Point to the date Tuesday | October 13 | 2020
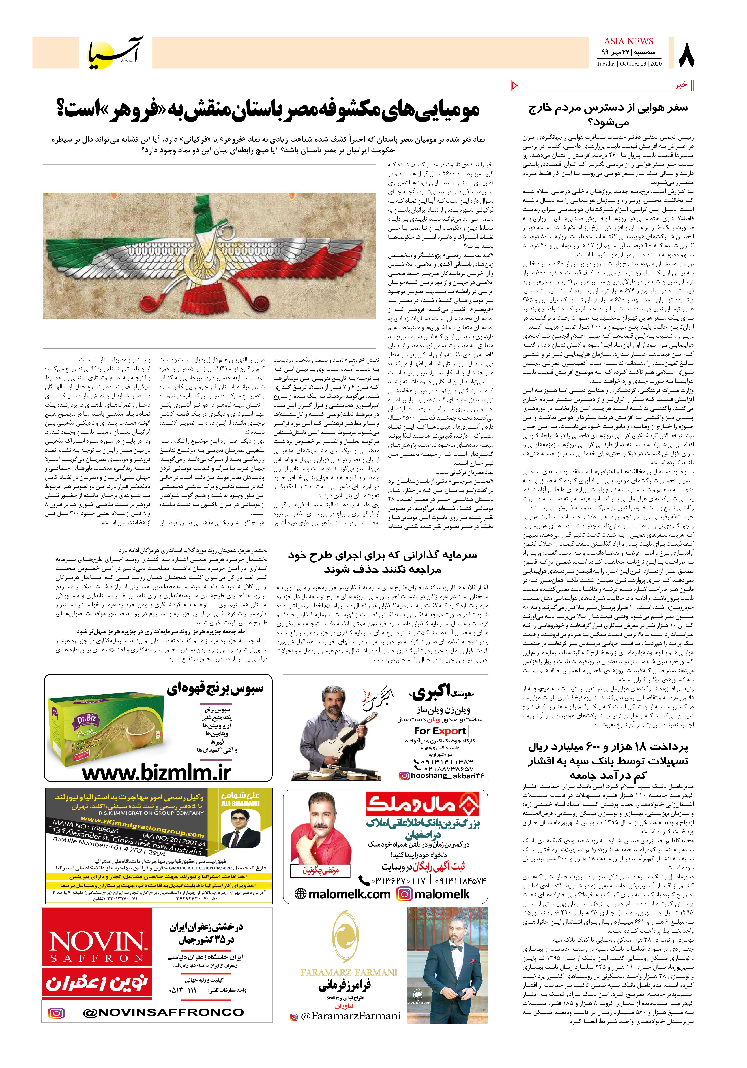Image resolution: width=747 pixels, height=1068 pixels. tap(629, 64)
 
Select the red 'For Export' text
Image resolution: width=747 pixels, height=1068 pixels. tap(440, 731)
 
